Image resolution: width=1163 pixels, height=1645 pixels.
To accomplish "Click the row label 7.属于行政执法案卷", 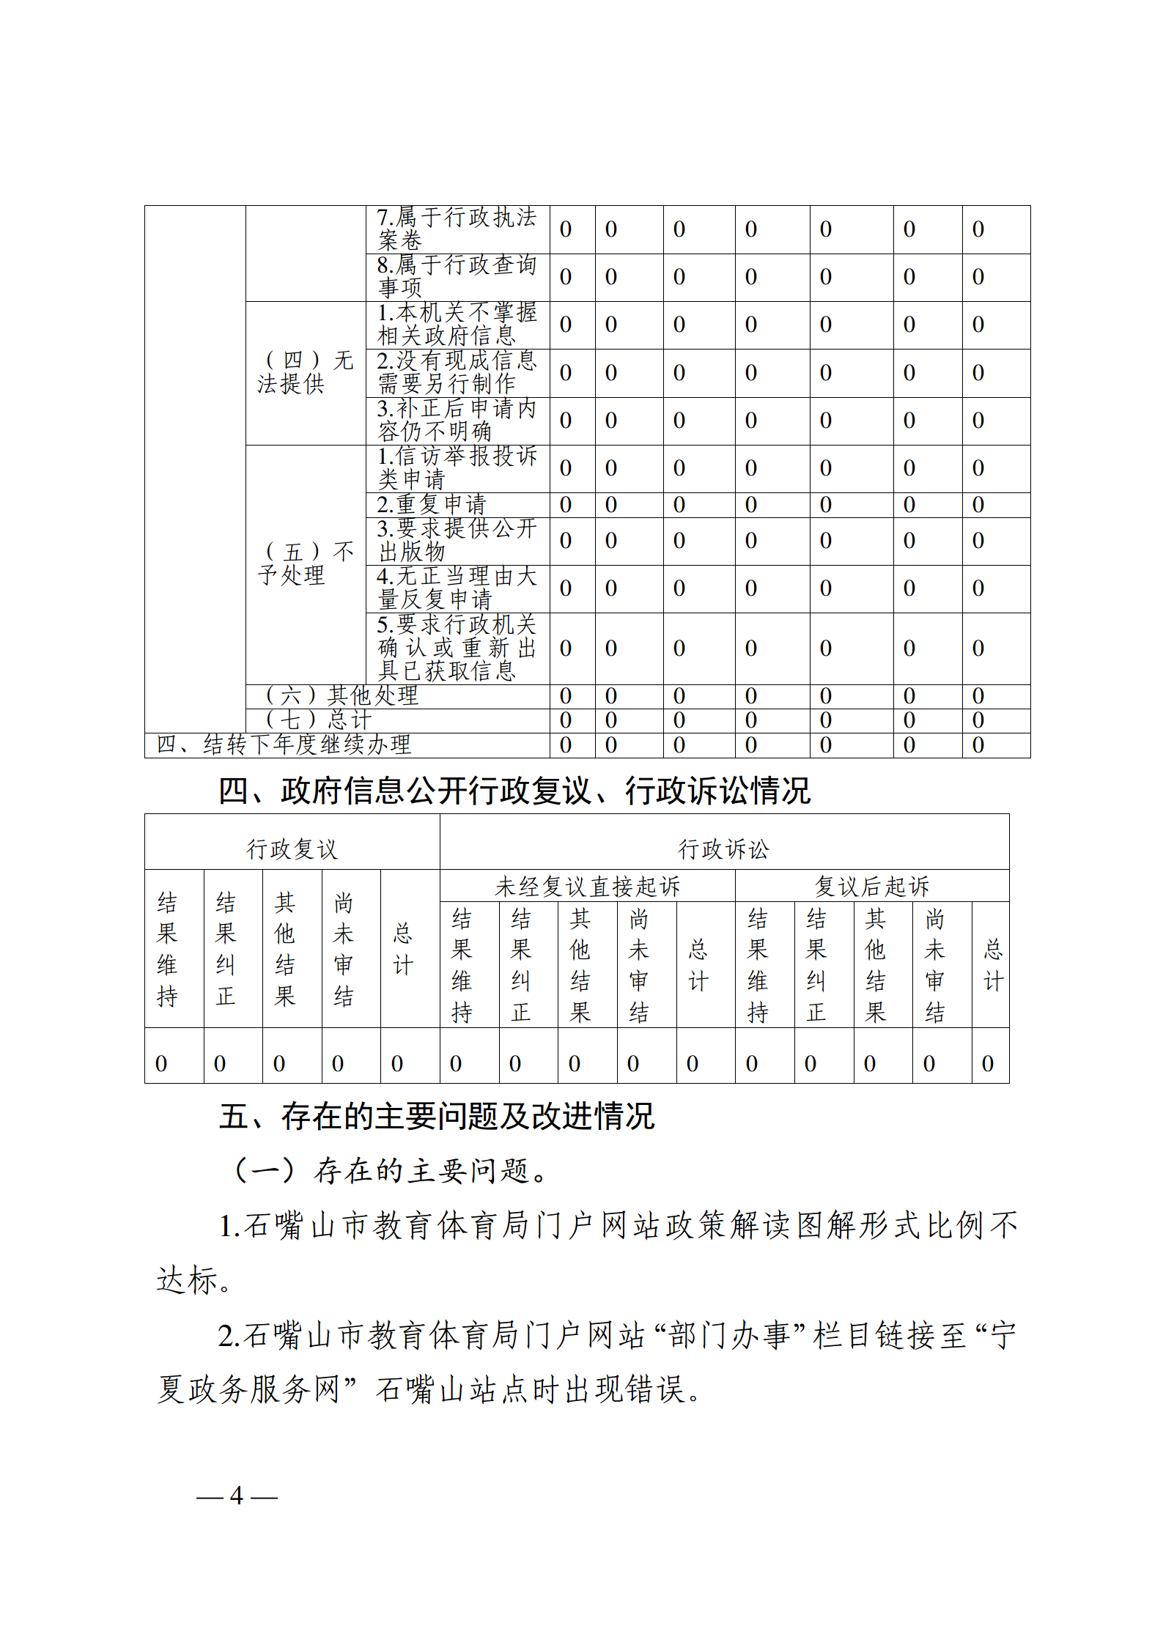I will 457,229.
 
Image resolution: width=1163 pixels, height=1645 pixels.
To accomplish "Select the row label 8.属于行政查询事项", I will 457,276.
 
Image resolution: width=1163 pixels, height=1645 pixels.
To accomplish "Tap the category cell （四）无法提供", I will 305,372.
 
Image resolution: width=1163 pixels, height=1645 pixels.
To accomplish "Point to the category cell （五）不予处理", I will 305,563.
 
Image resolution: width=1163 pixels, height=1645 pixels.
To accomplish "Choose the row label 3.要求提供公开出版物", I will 457,540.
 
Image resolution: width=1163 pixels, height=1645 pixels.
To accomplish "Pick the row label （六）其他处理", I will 341,695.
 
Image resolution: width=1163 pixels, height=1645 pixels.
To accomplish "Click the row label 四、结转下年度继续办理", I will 284,744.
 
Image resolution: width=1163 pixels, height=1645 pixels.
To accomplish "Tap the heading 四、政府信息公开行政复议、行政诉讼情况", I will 514,791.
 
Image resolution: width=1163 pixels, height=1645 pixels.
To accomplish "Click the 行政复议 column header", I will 292,849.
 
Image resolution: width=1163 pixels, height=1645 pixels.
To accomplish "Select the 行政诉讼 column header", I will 723,849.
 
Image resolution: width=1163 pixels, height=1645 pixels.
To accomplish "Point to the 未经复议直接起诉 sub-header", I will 587,887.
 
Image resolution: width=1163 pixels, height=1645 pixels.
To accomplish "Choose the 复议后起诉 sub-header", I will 871,887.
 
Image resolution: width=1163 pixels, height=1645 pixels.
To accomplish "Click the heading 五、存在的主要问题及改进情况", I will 437,1117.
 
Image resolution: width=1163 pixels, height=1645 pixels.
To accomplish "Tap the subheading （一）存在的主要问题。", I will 391,1171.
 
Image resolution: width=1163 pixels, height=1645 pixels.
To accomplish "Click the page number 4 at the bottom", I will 236,1496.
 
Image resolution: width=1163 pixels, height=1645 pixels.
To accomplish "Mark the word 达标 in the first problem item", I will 187,1280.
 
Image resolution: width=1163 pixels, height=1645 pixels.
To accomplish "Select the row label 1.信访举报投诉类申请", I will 457,467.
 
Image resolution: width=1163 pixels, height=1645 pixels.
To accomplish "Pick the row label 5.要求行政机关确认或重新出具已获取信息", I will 457,648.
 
